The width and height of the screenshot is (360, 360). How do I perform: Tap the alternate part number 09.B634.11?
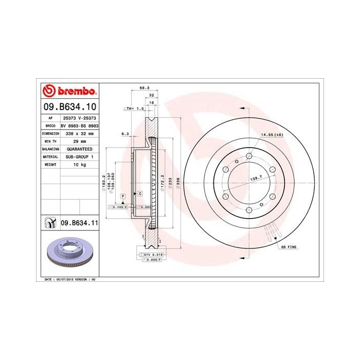click(79, 222)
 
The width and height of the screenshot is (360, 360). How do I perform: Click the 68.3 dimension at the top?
click(145, 88)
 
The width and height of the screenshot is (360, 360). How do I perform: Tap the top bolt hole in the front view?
click(249, 155)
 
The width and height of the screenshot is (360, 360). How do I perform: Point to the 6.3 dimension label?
click(124, 134)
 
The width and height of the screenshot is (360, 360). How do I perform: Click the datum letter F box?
click(123, 196)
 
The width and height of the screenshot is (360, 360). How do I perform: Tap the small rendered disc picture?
click(69, 255)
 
